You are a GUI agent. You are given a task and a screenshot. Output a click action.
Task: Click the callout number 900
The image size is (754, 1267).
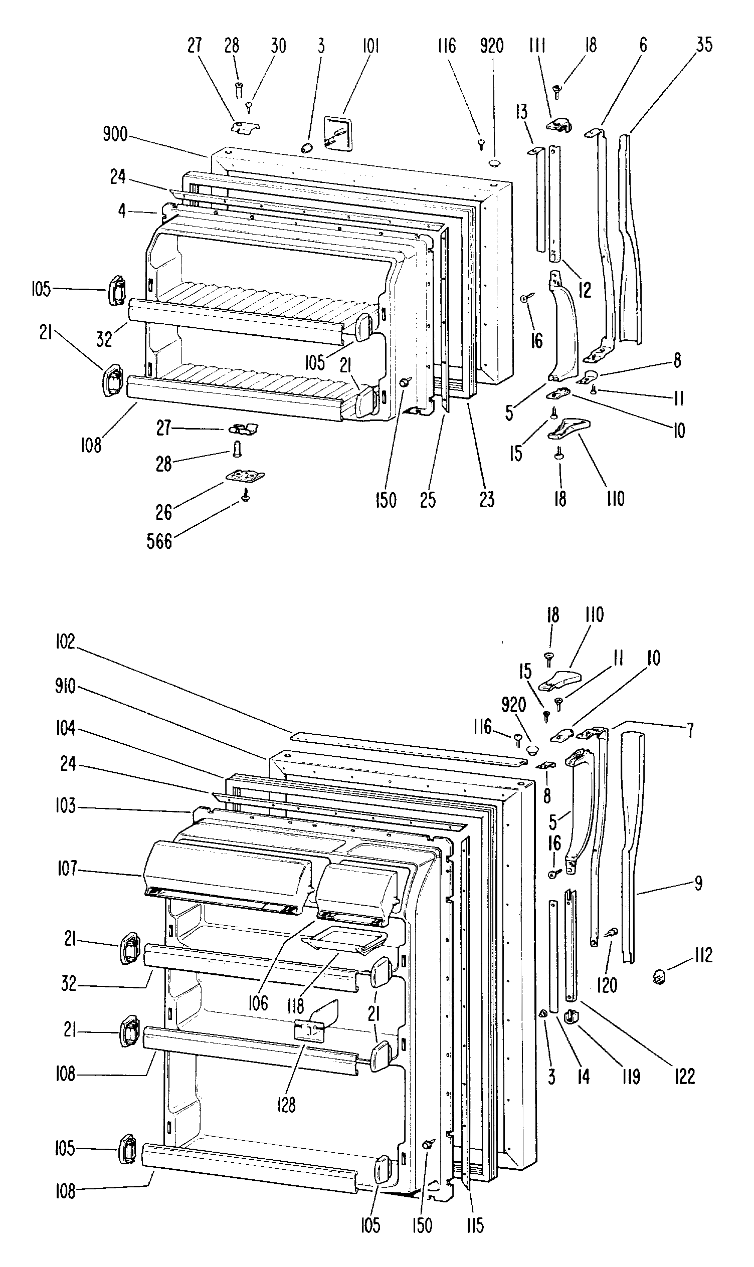point(115,135)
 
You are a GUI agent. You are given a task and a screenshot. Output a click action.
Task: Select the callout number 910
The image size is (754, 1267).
point(65,687)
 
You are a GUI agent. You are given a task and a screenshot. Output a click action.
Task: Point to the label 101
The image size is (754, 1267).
point(370,46)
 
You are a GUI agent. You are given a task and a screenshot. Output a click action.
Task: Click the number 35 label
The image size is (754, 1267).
point(704,45)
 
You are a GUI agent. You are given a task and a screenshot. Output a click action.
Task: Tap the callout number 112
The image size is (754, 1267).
point(703,955)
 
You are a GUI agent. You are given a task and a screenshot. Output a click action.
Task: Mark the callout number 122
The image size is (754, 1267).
point(684,1076)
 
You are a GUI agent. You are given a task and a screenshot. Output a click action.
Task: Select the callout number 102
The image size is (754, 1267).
point(65,642)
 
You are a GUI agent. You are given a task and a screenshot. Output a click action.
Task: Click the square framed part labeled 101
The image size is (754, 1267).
point(338,134)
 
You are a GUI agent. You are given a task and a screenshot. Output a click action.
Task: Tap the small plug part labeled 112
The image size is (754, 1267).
point(659,975)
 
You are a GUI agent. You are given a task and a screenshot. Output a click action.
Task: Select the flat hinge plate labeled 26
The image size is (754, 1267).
point(244,477)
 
